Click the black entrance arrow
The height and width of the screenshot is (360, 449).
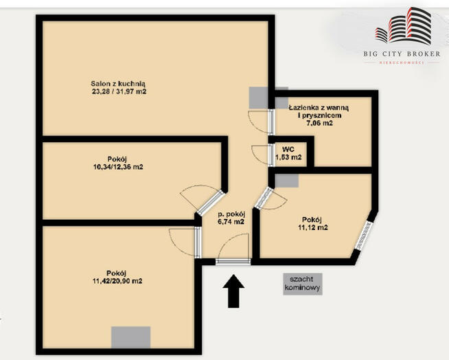233,291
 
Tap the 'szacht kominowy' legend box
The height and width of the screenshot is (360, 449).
303,284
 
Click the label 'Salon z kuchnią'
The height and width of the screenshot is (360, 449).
118,84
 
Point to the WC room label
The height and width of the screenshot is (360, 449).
288,149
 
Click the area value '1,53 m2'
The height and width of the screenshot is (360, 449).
288,157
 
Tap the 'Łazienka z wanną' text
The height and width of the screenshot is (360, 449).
319,108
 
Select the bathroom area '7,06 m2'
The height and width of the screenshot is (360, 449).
319,123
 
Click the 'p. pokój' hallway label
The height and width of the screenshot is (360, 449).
231,214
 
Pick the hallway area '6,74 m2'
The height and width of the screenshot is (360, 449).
231,221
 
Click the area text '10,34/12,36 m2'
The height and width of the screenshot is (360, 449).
118,167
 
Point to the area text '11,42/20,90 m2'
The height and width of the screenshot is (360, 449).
117,281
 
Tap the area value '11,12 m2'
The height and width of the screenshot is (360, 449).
312,227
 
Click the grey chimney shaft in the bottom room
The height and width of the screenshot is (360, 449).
131,337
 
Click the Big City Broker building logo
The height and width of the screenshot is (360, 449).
403,26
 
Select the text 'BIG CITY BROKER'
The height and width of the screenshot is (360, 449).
402,54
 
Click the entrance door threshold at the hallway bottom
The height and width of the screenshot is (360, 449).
233,261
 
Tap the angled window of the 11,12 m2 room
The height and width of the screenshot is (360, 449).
364,236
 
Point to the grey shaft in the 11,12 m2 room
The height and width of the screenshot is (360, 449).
287,181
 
